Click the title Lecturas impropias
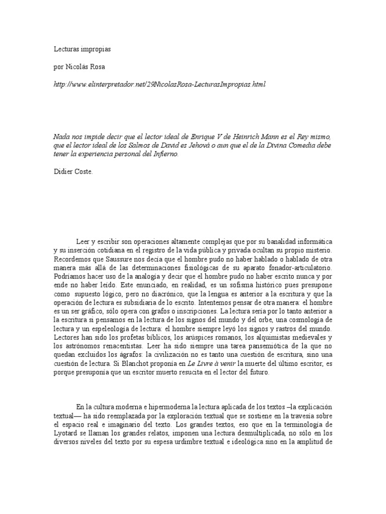82,50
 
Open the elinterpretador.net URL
159,83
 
